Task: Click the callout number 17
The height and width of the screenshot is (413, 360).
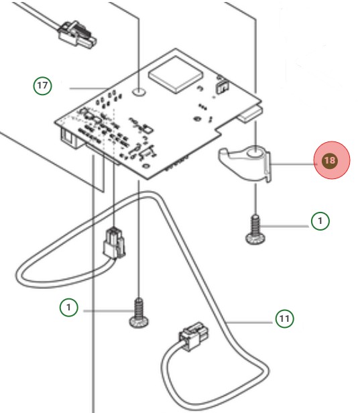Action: pos(43,86)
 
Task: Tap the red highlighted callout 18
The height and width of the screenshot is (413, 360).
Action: pos(329,161)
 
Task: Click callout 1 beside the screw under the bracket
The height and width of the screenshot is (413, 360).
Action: pos(320,221)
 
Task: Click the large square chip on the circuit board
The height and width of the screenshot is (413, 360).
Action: pos(176,73)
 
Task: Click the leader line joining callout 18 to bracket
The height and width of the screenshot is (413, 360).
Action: pos(294,162)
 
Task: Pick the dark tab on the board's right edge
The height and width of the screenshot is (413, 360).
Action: pos(248,114)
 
